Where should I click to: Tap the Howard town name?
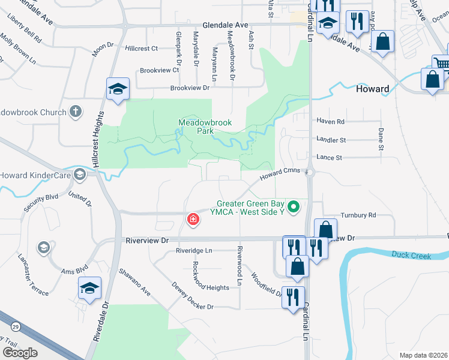tap(372, 89)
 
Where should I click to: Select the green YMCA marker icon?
tap(294, 208)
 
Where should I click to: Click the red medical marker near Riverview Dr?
tap(193, 220)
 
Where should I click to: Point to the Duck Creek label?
tap(411, 256)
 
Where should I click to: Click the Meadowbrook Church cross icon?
tap(76, 111)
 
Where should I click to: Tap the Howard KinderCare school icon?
tap(79, 175)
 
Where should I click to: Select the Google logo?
tap(20, 353)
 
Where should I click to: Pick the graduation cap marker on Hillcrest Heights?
tap(118, 89)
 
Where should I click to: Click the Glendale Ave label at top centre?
tap(225, 26)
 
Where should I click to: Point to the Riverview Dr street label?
tap(148, 240)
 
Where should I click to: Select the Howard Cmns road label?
tap(279, 175)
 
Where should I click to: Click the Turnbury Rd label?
tap(358, 215)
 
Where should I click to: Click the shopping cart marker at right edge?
tap(442, 63)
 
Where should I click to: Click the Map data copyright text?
tap(424, 355)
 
